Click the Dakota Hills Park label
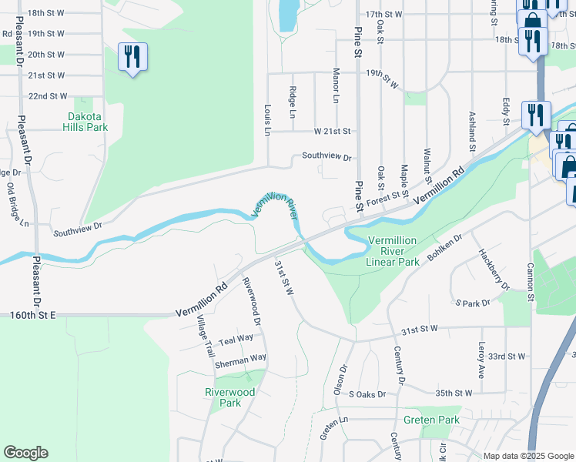pos(86,121)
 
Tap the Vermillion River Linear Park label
pos(393,251)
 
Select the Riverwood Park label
pos(229,397)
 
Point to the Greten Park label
pos(431,420)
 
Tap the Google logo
pos(25,453)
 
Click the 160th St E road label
pos(34,316)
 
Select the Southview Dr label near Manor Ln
pos(327,156)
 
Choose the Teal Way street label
pos(236,339)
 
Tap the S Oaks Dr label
pos(367,394)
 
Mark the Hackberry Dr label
pos(493,268)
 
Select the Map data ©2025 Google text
pos(527,456)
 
